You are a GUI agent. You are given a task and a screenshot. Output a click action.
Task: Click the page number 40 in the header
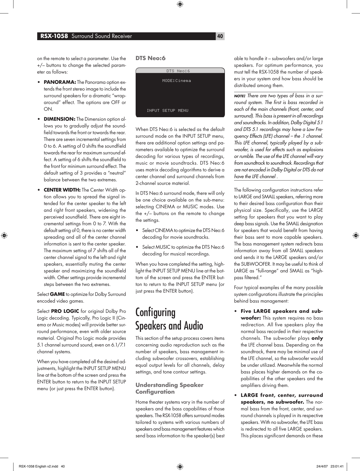point(220,36)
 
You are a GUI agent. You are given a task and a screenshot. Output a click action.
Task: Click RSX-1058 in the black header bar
point(54,36)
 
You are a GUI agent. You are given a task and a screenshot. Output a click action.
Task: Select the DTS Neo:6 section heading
point(150,58)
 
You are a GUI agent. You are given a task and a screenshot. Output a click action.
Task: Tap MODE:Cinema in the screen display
point(176,81)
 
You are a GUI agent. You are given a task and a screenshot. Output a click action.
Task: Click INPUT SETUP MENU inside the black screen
point(167,110)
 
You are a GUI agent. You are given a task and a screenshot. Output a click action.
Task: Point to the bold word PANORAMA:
point(60,82)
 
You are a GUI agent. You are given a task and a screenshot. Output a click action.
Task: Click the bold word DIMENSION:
point(59,119)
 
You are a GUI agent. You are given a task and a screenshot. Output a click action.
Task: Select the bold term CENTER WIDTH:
point(62,190)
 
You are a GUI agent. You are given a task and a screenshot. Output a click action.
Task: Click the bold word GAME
point(57,294)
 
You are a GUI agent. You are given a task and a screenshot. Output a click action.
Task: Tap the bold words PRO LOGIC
point(65,311)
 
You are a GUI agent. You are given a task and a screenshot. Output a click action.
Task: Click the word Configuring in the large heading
point(155,313)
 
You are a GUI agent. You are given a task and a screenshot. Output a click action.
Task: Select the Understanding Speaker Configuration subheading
point(169,388)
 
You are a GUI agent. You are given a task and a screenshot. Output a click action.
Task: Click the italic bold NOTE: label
point(239,96)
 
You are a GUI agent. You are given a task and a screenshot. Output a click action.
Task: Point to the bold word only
point(317,338)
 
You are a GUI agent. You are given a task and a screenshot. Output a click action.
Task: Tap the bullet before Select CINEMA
point(138,230)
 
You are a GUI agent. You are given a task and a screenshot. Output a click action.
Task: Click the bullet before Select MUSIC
point(138,247)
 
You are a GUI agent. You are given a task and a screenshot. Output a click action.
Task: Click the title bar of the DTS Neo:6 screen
point(180,71)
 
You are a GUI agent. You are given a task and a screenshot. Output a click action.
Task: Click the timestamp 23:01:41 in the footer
point(337,466)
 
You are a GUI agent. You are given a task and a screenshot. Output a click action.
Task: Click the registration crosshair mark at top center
point(180,4)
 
